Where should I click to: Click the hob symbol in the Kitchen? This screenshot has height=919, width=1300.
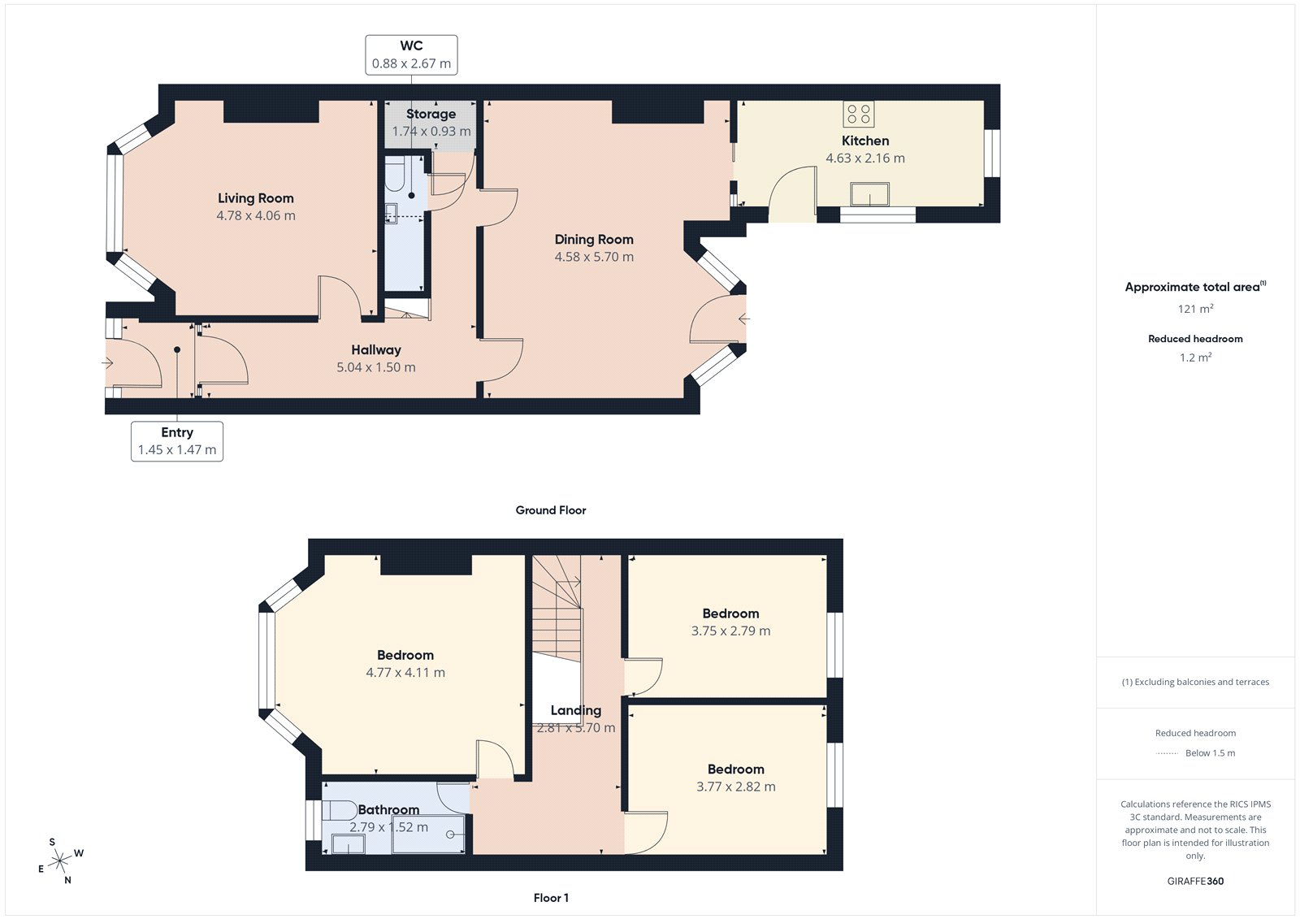tap(859, 114)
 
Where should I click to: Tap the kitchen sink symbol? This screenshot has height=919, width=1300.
tap(869, 195)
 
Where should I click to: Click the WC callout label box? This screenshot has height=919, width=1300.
tap(411, 54)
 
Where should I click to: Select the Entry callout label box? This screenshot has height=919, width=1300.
tap(177, 441)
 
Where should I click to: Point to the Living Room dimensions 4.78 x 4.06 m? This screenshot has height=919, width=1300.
tap(256, 216)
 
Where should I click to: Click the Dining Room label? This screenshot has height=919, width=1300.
tap(594, 239)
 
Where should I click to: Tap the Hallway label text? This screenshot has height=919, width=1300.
tap(376, 349)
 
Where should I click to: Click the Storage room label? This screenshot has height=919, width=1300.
tap(431, 114)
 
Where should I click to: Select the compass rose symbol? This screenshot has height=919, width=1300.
tap(60, 861)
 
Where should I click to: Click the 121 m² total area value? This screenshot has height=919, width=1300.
tap(1195, 309)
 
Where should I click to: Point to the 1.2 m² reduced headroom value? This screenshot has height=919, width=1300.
tap(1195, 358)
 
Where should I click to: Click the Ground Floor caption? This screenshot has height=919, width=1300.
tap(551, 510)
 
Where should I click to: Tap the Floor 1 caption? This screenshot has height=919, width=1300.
tap(551, 898)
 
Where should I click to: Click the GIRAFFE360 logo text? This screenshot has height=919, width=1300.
tap(1195, 881)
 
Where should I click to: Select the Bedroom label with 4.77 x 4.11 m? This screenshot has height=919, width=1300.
tap(405, 655)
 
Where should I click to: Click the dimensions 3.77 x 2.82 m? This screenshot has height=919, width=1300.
tap(736, 787)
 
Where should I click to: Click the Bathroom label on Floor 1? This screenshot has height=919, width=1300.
tap(389, 809)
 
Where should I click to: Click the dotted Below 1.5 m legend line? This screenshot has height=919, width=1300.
tap(1167, 753)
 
